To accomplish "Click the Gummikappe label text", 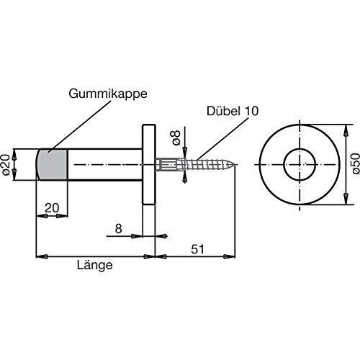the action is click(108, 94).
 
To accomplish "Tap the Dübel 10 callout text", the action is click(233, 111).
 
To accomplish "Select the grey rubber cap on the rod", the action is click(52, 164).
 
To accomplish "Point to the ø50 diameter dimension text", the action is click(356, 164).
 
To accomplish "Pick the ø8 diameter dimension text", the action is click(176, 138).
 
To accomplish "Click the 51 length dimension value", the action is click(197, 249).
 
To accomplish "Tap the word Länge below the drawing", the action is click(95, 265).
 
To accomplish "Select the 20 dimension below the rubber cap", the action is click(52, 208).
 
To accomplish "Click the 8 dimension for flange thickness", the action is click(118, 229).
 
